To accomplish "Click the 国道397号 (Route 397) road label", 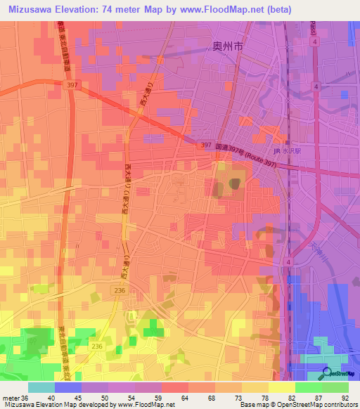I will click(240, 148).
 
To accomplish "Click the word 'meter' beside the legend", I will click(11, 398).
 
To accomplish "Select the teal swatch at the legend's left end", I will click(41, 387).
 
